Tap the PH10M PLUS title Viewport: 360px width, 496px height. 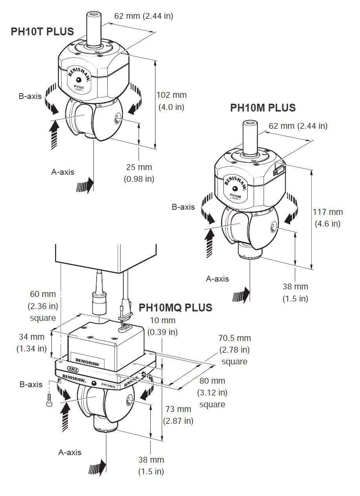click(x=263, y=108)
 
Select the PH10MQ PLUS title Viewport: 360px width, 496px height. click(x=175, y=307)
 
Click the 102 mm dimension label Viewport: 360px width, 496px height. click(x=172, y=95)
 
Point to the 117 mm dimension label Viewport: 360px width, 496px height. click(x=328, y=212)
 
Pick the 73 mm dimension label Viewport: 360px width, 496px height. click(x=178, y=409)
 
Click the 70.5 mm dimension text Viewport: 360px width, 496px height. click(x=234, y=338)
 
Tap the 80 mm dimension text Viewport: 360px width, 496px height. click(x=212, y=381)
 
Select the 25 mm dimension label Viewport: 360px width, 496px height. click(x=139, y=167)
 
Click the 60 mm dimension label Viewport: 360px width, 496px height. click(x=43, y=294)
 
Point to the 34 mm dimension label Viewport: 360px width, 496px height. click(x=31, y=337)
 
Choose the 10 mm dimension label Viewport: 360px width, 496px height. click(x=163, y=321)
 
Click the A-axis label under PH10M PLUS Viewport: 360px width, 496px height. click(x=217, y=279)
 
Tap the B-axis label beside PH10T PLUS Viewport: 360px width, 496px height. click(x=29, y=96)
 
